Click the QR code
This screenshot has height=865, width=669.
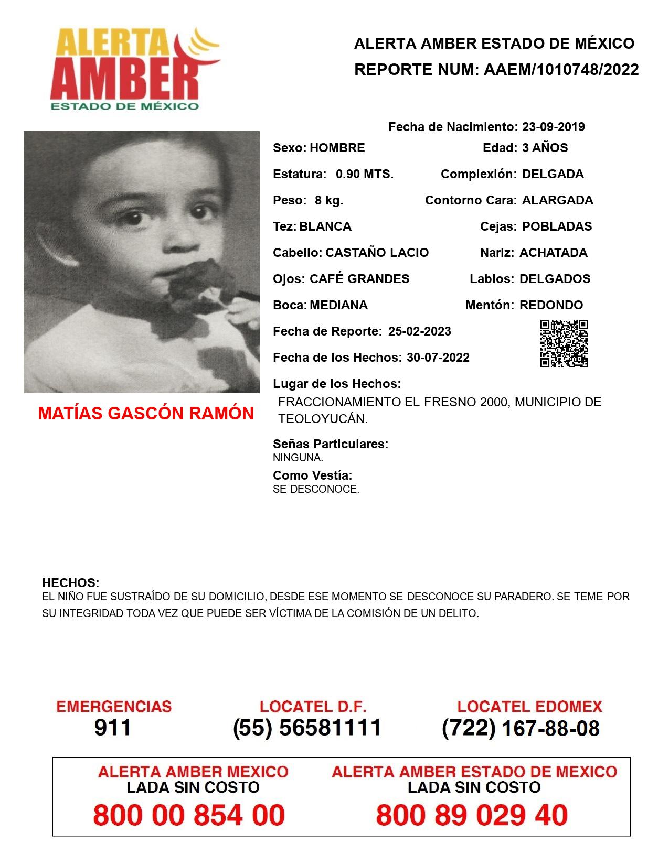[x=564, y=343]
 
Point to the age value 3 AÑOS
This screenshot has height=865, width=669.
[x=545, y=148]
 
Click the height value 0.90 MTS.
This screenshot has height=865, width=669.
[x=365, y=174]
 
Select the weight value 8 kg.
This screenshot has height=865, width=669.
[x=329, y=200]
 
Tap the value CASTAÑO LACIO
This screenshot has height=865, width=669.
[x=377, y=253]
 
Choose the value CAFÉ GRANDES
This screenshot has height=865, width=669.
[x=359, y=279]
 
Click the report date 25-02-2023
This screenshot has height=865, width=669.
[x=419, y=331]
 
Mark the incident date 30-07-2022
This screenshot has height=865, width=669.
[x=438, y=358]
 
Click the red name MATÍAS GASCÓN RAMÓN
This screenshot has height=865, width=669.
[x=146, y=414]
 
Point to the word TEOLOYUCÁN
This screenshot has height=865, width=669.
[x=323, y=419]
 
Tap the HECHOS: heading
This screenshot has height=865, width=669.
[x=70, y=583]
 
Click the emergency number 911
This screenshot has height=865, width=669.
[x=113, y=728]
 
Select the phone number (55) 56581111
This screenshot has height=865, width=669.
[x=307, y=728]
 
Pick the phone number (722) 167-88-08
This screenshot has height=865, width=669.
[x=521, y=728]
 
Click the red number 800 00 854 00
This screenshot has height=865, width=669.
[x=189, y=815]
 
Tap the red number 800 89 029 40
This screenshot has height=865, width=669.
[x=472, y=815]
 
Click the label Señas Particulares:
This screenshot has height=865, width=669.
[x=331, y=444]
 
